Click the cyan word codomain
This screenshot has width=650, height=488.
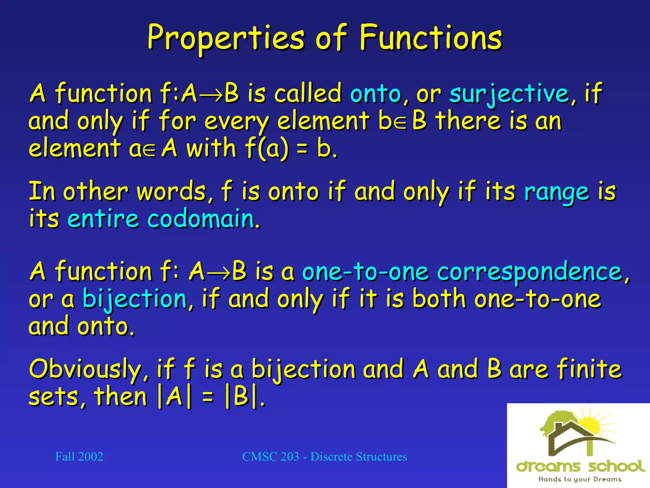[203, 219]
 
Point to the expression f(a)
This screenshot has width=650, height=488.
[267, 148]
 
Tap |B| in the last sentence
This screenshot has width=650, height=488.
[241, 397]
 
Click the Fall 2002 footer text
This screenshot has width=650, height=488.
[79, 457]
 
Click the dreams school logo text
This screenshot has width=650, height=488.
[580, 466]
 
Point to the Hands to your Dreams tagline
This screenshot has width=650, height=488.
[580, 479]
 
